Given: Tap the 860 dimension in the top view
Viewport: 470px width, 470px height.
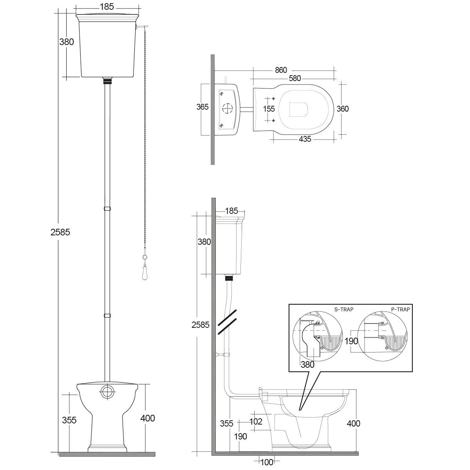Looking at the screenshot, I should click(x=281, y=70).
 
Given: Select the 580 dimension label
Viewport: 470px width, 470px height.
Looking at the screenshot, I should click(x=295, y=78).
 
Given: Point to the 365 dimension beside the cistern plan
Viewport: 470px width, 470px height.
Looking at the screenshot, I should click(x=202, y=107).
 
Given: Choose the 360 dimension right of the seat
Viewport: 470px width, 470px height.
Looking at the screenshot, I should click(x=342, y=109).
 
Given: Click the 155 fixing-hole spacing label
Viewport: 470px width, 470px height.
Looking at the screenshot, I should click(x=269, y=109).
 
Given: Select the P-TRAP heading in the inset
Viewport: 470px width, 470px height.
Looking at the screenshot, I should click(x=401, y=309).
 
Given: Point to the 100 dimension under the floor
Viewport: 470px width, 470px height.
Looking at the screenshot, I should click(x=266, y=462).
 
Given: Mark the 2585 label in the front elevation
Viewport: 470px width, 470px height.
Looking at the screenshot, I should click(x=60, y=232).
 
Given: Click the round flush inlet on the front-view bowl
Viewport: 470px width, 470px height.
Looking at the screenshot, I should click(x=107, y=392).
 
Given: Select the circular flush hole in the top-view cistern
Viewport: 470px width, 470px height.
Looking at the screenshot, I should click(x=227, y=108).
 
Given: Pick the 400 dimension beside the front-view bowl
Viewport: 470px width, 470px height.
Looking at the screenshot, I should click(x=147, y=418).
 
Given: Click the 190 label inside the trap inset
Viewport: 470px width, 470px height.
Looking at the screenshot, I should click(x=351, y=341).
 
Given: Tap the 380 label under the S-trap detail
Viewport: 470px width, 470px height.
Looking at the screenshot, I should click(x=307, y=365).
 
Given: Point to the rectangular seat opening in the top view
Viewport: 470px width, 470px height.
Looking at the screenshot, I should click(x=299, y=109).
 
